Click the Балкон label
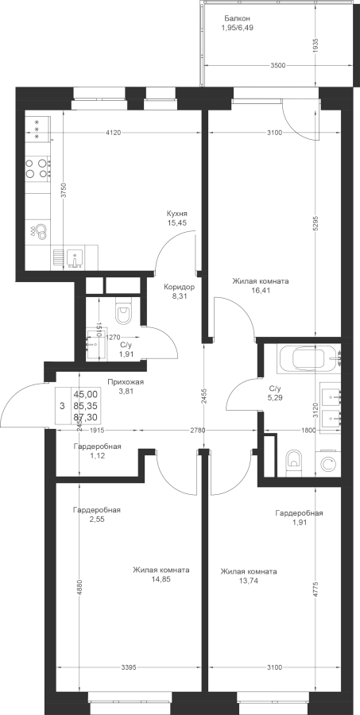click(237, 19)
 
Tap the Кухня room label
click(177, 214)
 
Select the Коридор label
click(180, 288)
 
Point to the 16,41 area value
click(261, 290)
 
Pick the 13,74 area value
click(249, 581)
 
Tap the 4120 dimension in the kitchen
click(113, 133)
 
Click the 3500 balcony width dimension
click(277, 65)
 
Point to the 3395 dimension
click(128, 667)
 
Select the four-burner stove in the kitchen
click(37, 168)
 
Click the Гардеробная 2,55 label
click(97, 514)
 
